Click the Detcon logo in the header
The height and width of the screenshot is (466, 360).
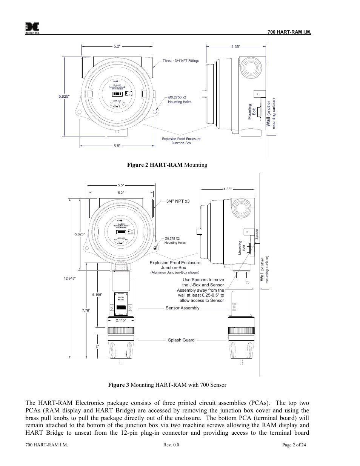pos(32,28)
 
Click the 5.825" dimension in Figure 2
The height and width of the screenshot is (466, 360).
pos(64,97)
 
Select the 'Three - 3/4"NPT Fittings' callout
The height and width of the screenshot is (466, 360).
pos(181,61)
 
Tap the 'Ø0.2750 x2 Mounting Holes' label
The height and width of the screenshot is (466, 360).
pos(179,100)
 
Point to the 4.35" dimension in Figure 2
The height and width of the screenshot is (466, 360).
pos(235,46)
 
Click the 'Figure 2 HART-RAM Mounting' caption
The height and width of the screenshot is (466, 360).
pos(168,165)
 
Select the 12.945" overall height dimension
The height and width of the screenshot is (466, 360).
pos(70,278)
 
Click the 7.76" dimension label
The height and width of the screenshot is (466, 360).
pos(86,311)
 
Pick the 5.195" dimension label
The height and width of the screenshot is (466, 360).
pos(97,294)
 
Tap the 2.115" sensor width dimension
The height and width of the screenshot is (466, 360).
pos(121,320)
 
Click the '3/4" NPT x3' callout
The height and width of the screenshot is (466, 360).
pos(178,201)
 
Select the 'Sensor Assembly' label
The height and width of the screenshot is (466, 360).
pos(182,308)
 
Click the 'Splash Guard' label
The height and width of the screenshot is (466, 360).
pos(181,340)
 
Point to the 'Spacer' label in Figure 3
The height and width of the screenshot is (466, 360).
pos(257,234)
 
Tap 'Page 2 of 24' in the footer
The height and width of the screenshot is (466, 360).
pos(294,445)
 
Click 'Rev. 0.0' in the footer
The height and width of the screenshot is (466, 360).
pos(171,445)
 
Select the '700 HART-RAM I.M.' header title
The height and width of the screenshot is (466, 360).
pos(289,32)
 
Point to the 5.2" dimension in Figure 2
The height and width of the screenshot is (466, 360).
pos(117,46)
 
